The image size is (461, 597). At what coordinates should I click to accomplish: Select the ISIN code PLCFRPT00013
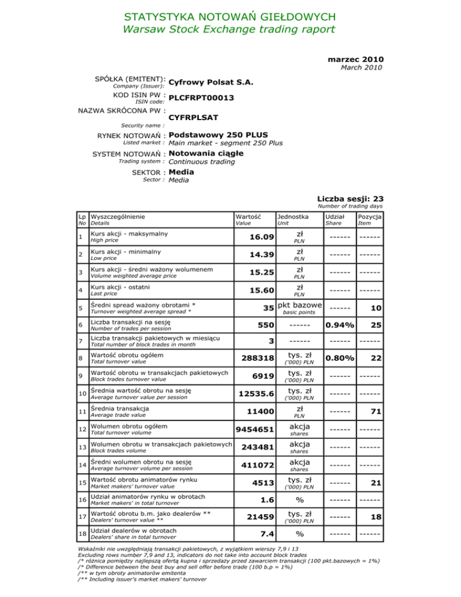202,97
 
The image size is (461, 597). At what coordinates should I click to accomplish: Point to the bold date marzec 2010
356,59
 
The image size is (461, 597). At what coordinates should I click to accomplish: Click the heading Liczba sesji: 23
351,199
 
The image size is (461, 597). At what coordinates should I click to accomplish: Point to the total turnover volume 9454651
255,429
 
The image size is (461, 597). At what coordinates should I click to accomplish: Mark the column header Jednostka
292,215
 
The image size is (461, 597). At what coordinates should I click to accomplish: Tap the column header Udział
335,215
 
